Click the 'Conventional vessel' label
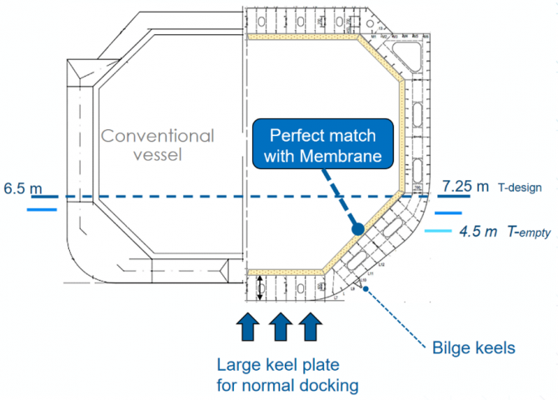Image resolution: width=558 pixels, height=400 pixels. [x=158, y=145]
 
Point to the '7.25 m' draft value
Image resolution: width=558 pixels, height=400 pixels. [x=466, y=186]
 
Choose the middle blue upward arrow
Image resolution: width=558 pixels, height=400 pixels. [x=280, y=325]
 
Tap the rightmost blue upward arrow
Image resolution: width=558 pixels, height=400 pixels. [x=309, y=325]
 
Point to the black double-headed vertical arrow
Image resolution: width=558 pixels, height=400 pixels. [x=260, y=287]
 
